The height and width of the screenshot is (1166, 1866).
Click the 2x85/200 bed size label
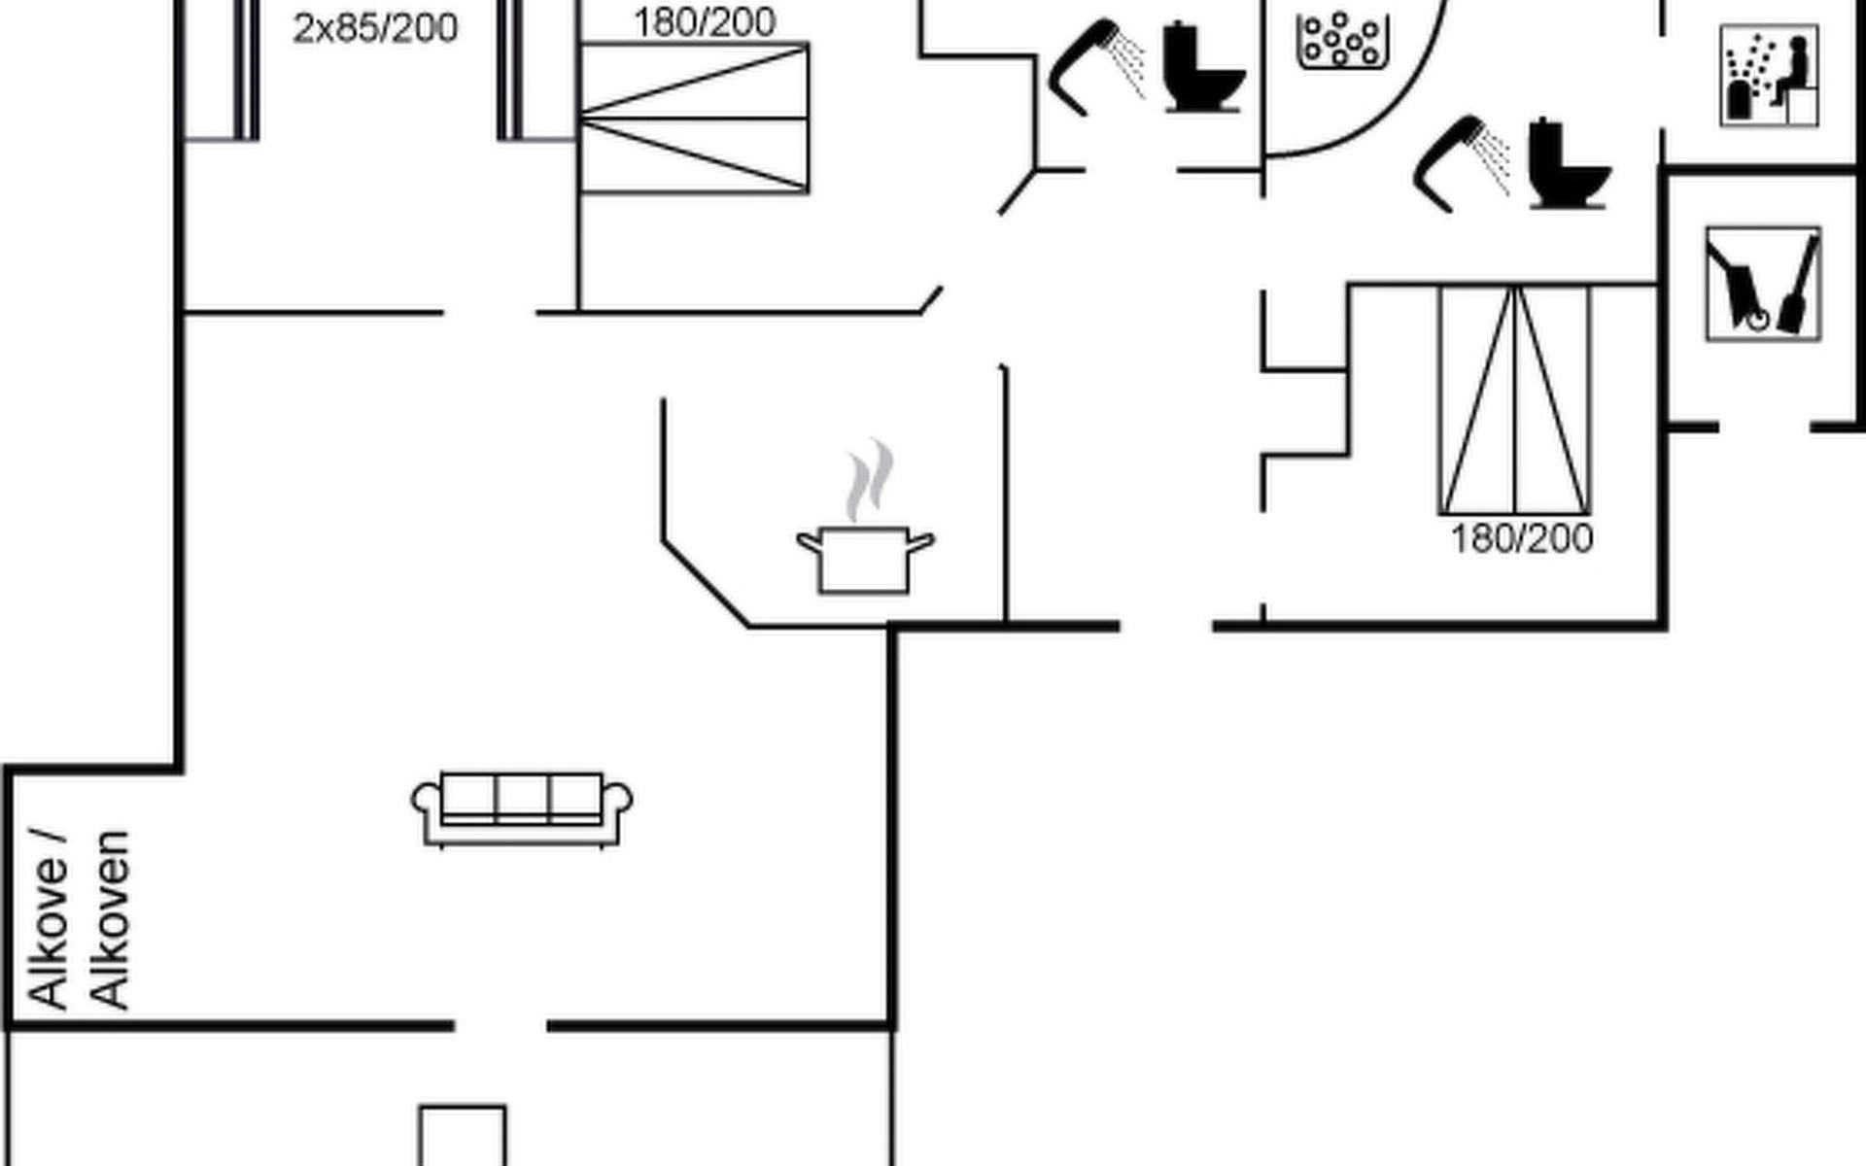(375, 29)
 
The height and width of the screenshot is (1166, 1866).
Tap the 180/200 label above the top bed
(705, 22)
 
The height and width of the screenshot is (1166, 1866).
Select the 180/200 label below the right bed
(1522, 538)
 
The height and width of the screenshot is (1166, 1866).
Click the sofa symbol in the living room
(522, 809)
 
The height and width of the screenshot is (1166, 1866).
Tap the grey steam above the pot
(869, 480)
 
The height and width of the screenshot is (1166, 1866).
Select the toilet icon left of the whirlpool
(1203, 67)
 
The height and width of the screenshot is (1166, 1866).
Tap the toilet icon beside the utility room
(1569, 163)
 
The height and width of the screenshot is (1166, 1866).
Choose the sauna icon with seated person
(1769, 76)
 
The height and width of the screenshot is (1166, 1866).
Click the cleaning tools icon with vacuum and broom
(1763, 284)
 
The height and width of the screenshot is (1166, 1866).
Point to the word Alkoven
(110, 920)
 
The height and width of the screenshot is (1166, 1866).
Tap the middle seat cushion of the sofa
(522, 799)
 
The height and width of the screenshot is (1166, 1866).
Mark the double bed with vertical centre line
(1514, 399)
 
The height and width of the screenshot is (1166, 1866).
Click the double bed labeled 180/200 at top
(694, 118)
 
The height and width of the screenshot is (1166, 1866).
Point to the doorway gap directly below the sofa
(501, 1025)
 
